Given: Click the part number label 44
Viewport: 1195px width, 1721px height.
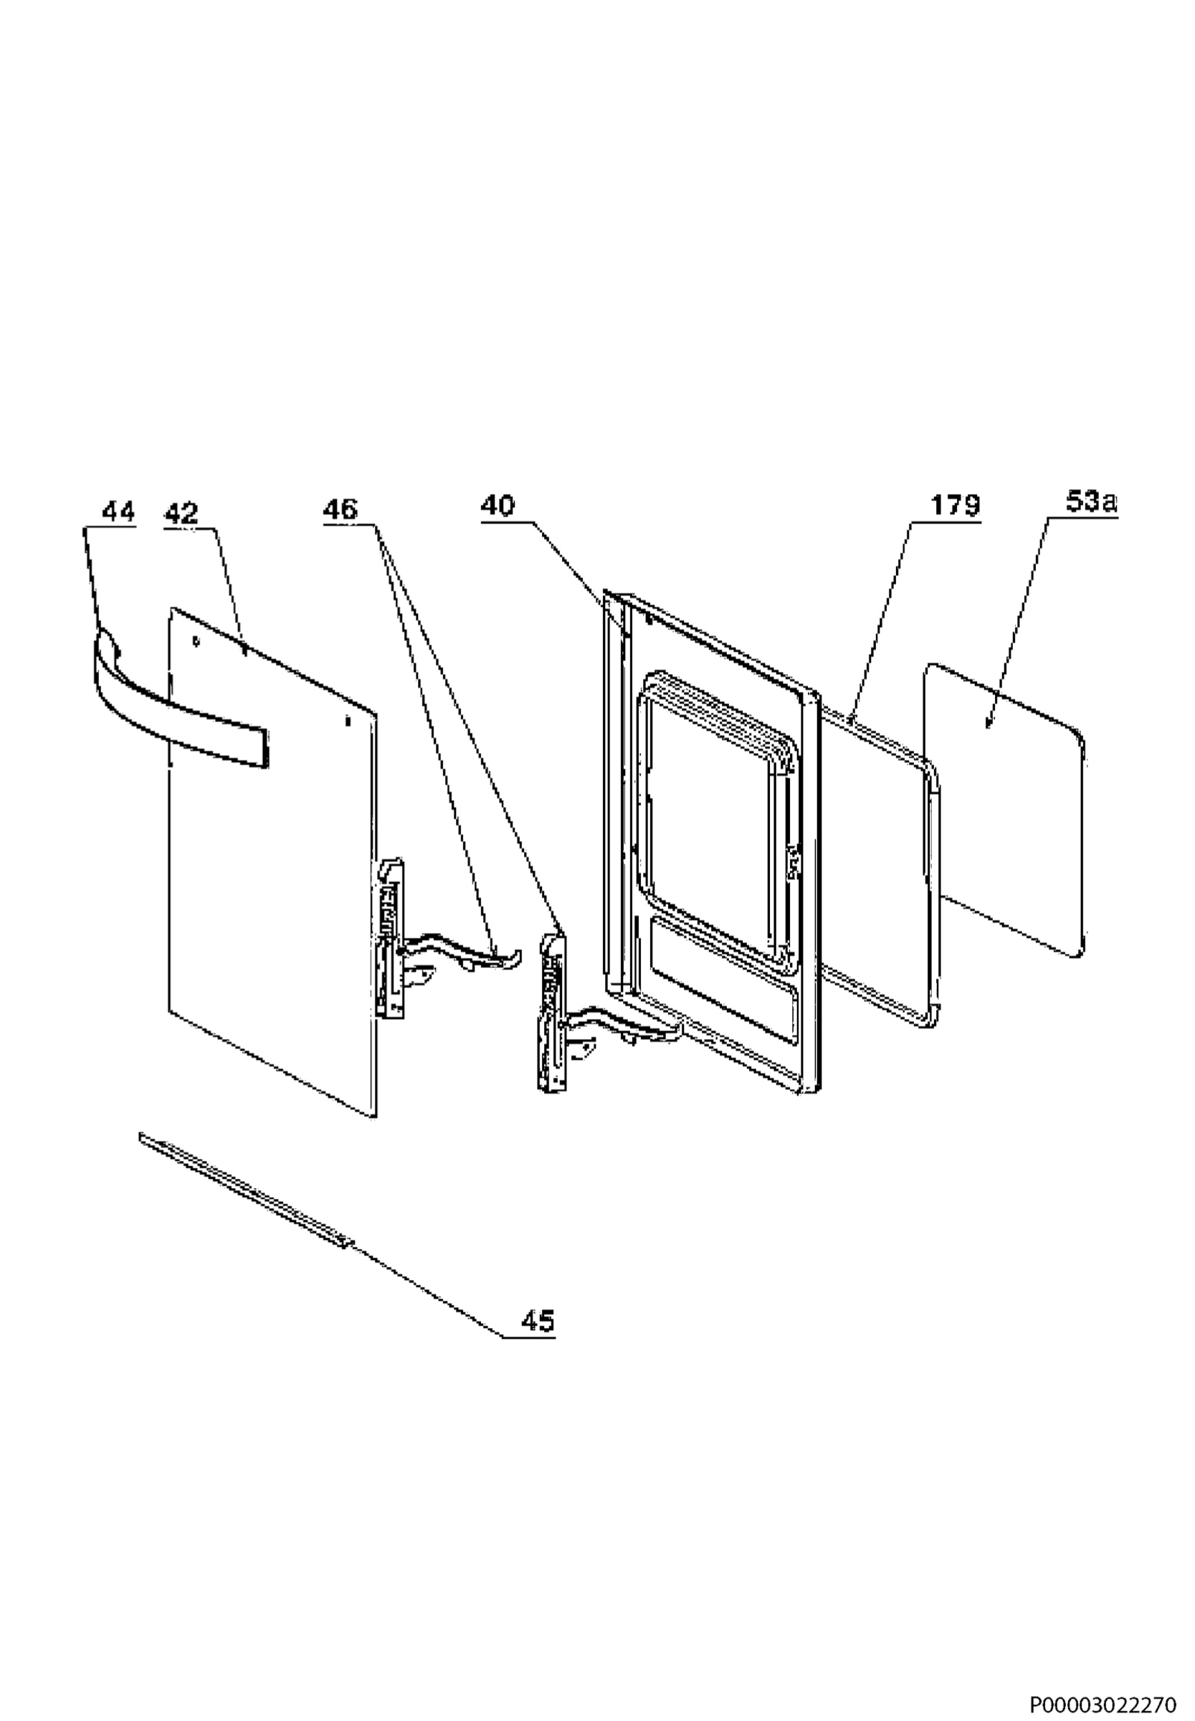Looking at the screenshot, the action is [x=118, y=513].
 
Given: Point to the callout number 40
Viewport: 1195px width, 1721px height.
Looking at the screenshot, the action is [x=498, y=506].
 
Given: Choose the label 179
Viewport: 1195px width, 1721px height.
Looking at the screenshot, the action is [x=955, y=506].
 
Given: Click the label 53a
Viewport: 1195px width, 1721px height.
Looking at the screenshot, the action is [x=1092, y=502].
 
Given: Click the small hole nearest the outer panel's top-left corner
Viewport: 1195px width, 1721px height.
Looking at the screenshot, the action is [x=196, y=641].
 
